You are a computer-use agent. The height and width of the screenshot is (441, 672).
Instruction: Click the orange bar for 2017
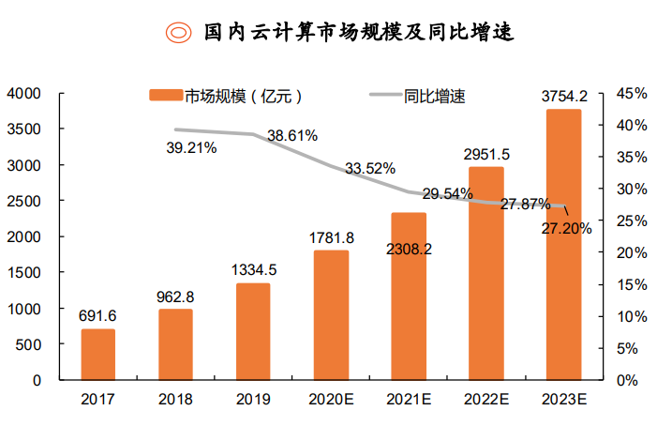pos(98,355)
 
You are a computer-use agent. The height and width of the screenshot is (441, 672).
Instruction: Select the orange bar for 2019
pos(253,331)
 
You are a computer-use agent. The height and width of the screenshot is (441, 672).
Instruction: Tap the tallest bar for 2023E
pos(563,244)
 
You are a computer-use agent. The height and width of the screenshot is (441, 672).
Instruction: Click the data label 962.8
pos(175,297)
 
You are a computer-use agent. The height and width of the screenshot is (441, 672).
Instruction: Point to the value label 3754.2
pos(564,96)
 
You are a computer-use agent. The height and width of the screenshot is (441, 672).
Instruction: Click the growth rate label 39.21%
pos(191,147)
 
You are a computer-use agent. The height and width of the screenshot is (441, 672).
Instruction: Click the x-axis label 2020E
pos(331,400)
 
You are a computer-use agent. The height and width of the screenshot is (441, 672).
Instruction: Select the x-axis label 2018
pos(175,400)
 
